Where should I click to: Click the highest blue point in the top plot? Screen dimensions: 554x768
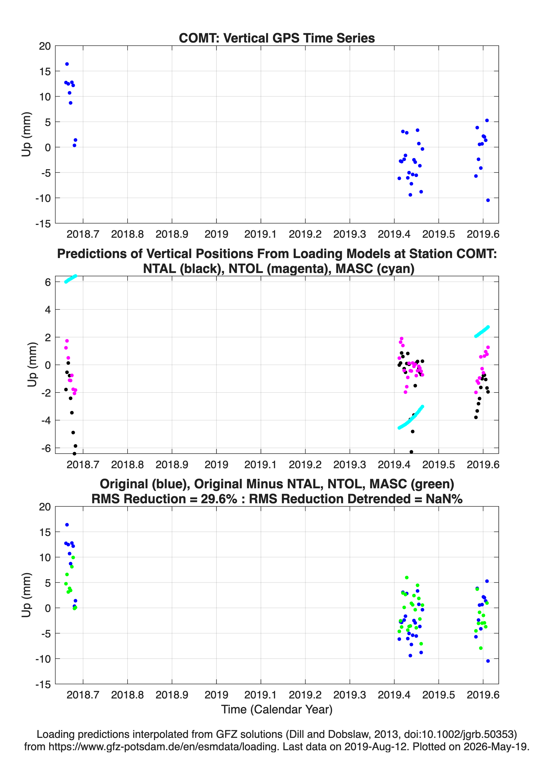(67, 64)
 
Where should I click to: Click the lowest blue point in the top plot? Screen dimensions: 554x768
(488, 200)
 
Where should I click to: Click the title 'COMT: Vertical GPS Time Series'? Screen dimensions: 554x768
(277, 38)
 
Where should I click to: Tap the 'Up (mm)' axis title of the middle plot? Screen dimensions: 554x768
(32, 365)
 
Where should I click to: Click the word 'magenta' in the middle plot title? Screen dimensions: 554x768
(300, 269)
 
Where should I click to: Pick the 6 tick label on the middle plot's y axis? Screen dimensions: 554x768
(48, 282)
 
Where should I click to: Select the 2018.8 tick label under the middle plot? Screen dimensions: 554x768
(128, 465)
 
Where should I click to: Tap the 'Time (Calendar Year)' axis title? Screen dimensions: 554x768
(277, 709)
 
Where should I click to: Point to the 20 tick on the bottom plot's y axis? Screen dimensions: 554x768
(45, 507)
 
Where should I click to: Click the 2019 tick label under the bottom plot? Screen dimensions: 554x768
(217, 695)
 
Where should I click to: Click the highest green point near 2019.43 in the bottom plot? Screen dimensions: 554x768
(407, 578)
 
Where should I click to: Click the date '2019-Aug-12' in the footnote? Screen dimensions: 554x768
(374, 746)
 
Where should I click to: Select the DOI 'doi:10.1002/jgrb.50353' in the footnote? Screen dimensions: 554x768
(453, 734)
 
